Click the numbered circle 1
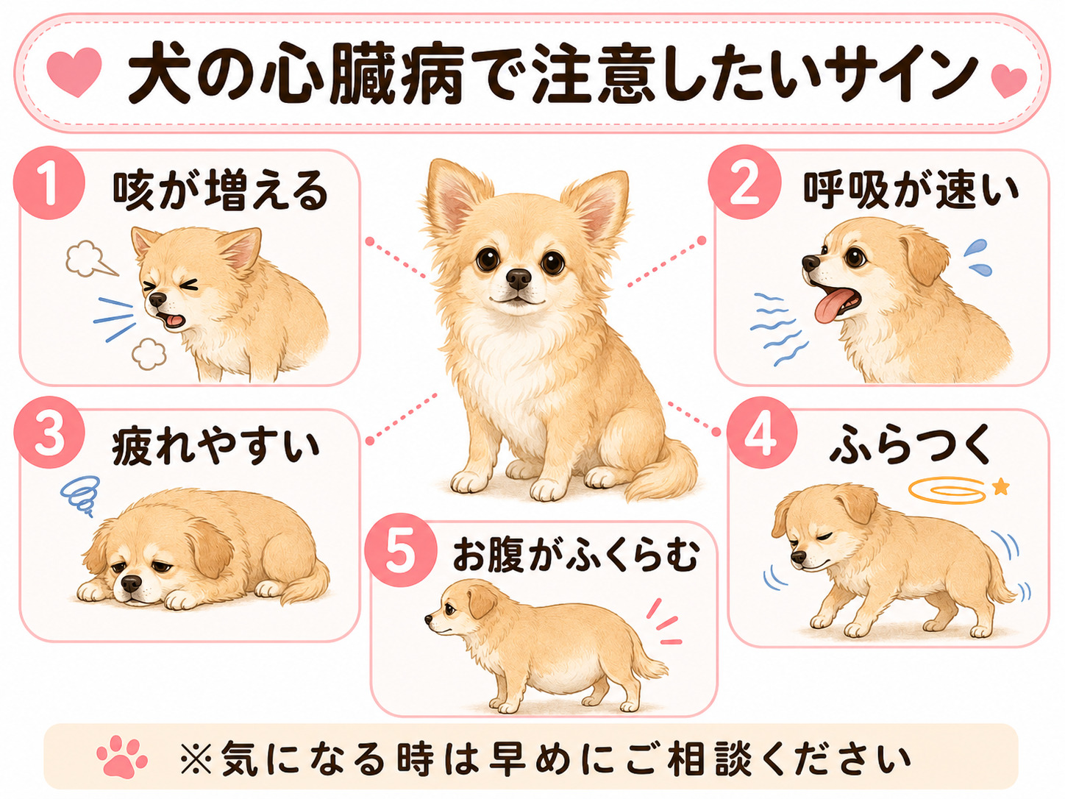click(49, 183)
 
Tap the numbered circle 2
click(744, 183)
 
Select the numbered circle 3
click(49, 432)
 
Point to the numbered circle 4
click(761, 433)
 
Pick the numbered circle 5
click(400, 550)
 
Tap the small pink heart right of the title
click(1008, 81)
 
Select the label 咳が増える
click(221, 191)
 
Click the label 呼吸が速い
click(911, 190)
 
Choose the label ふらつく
click(910, 444)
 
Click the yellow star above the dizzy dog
click(1000, 486)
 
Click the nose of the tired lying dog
click(131, 583)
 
